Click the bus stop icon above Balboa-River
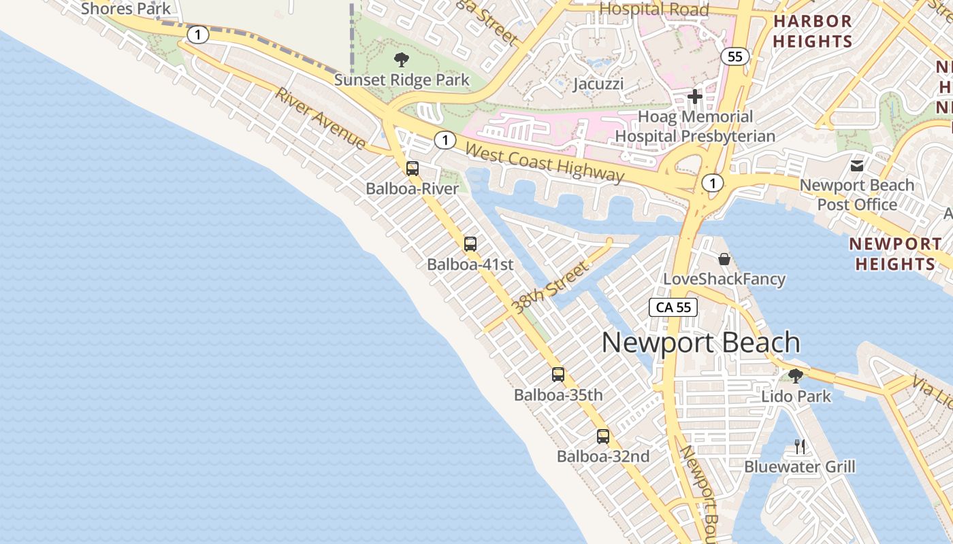tap(413, 169)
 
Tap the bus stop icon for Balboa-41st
tap(470, 244)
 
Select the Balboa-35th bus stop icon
tap(558, 375)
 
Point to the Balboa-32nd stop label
tap(603, 456)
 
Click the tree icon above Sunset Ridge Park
tap(402, 60)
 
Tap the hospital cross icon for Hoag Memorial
tap(694, 97)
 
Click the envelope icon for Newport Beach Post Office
tap(857, 165)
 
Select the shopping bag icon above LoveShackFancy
tap(724, 259)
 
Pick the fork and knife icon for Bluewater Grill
tap(800, 447)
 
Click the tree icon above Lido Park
tap(795, 375)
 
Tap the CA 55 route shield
tap(673, 307)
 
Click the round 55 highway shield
tap(735, 56)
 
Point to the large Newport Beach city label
tap(700, 342)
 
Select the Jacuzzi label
tap(598, 84)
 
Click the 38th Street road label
tap(551, 288)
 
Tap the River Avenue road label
tap(321, 118)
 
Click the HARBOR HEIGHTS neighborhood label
tap(812, 31)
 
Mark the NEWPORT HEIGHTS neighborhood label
tap(895, 254)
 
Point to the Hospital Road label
tap(654, 9)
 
